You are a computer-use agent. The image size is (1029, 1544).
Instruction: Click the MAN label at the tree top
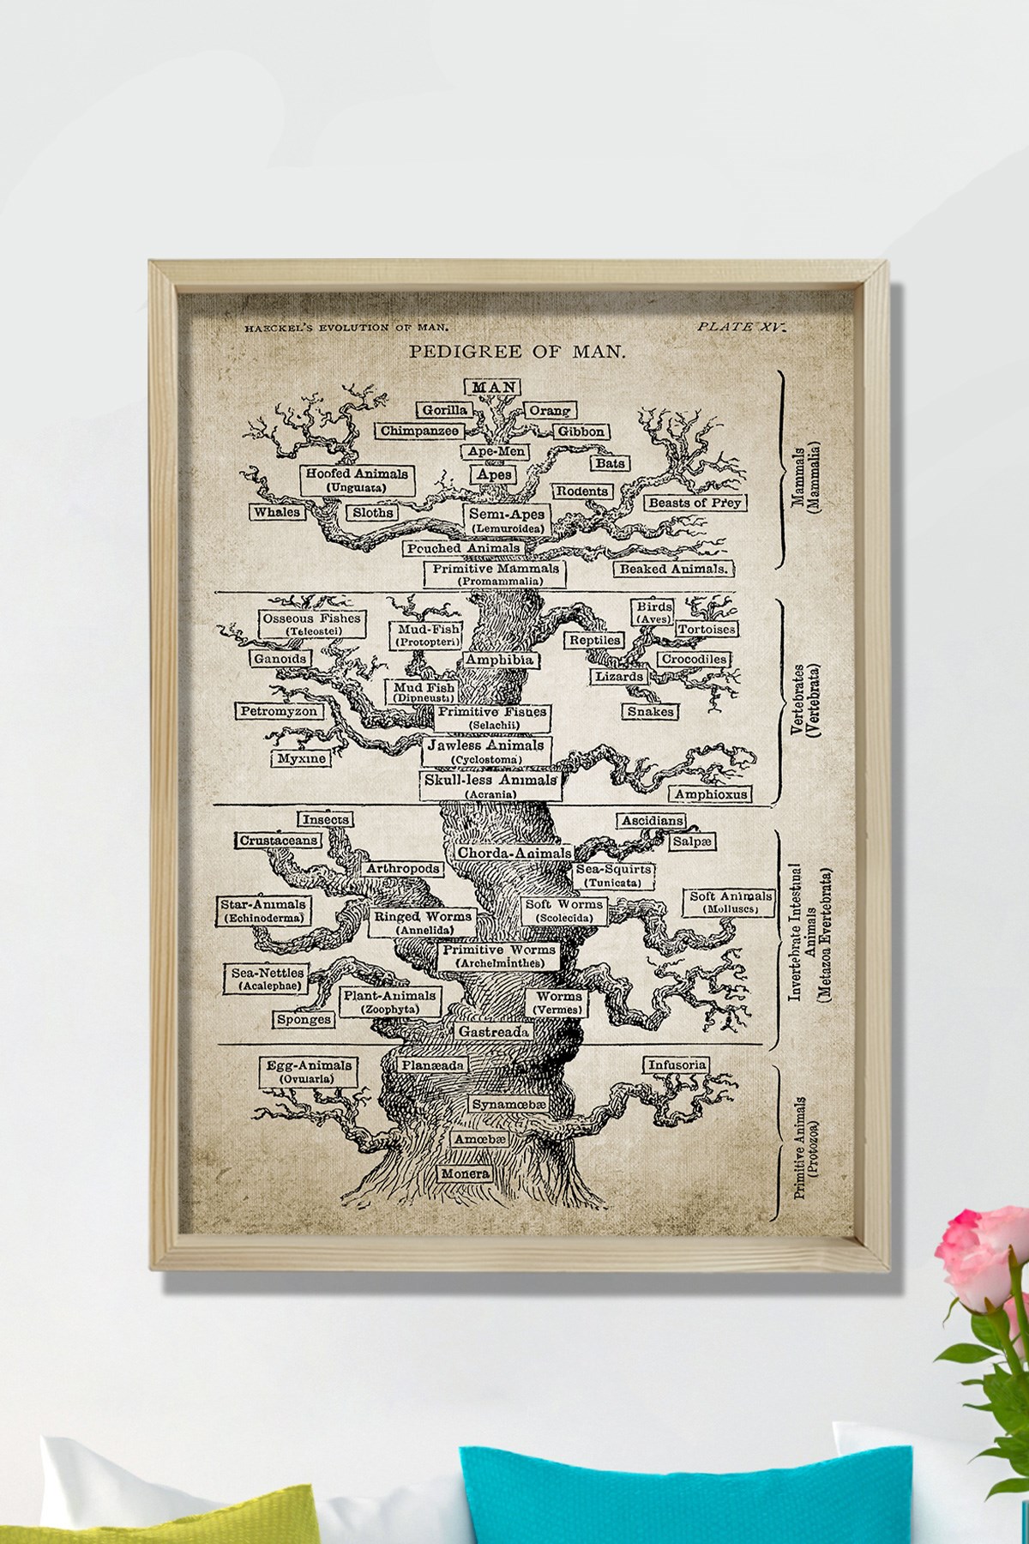pos(493,388)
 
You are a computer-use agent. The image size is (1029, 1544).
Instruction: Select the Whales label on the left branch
pos(277,512)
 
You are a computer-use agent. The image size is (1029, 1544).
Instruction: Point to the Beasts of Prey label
pos(693,502)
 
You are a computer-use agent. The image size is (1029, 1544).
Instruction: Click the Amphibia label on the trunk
pos(499,660)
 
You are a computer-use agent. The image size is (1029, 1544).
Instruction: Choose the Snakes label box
pos(650,711)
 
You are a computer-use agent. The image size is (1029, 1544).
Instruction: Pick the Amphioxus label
pos(710,794)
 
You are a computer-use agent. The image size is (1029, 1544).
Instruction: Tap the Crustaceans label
pos(280,841)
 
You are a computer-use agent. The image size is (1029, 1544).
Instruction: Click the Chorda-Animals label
pos(514,853)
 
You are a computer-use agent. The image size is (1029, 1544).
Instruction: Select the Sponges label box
pos(304,1020)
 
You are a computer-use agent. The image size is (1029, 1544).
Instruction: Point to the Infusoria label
pos(677,1065)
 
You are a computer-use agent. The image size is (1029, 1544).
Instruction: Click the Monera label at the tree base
pos(465,1173)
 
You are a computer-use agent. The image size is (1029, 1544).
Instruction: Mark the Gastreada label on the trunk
pos(492,1031)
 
